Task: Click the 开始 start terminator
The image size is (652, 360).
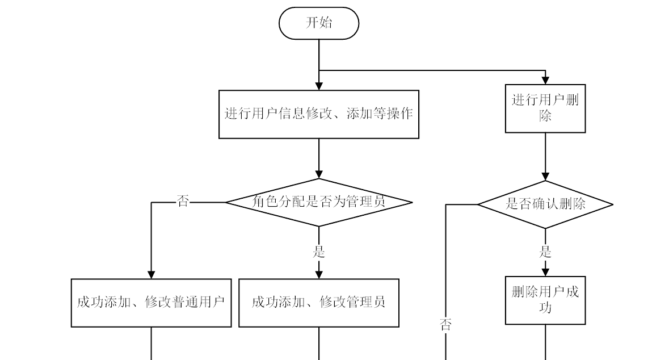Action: click(319, 23)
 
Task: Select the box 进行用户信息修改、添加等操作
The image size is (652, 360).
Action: click(319, 114)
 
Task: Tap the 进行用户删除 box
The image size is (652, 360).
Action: click(545, 108)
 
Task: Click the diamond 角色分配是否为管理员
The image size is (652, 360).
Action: click(319, 202)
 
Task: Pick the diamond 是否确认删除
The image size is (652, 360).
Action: click(545, 204)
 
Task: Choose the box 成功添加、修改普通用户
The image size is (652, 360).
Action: click(151, 303)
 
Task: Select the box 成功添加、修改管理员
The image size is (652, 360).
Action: click(319, 303)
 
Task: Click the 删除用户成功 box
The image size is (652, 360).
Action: click(545, 300)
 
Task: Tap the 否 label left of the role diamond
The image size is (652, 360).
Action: click(183, 202)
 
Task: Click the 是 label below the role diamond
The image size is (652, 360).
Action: click(319, 252)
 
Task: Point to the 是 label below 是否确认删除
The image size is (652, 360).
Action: click(545, 252)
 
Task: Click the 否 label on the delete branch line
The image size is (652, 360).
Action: click(446, 325)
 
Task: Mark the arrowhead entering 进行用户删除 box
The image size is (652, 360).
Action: click(545, 81)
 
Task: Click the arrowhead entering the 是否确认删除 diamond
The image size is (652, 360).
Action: click(545, 177)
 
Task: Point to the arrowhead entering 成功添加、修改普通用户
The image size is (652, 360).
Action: click(151, 274)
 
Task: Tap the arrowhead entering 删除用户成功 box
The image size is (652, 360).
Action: click(545, 272)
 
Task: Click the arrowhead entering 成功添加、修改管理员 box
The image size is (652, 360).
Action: click(319, 274)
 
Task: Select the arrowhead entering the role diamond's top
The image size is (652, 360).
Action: click(319, 174)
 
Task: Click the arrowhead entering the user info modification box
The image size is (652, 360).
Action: click(319, 86)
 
